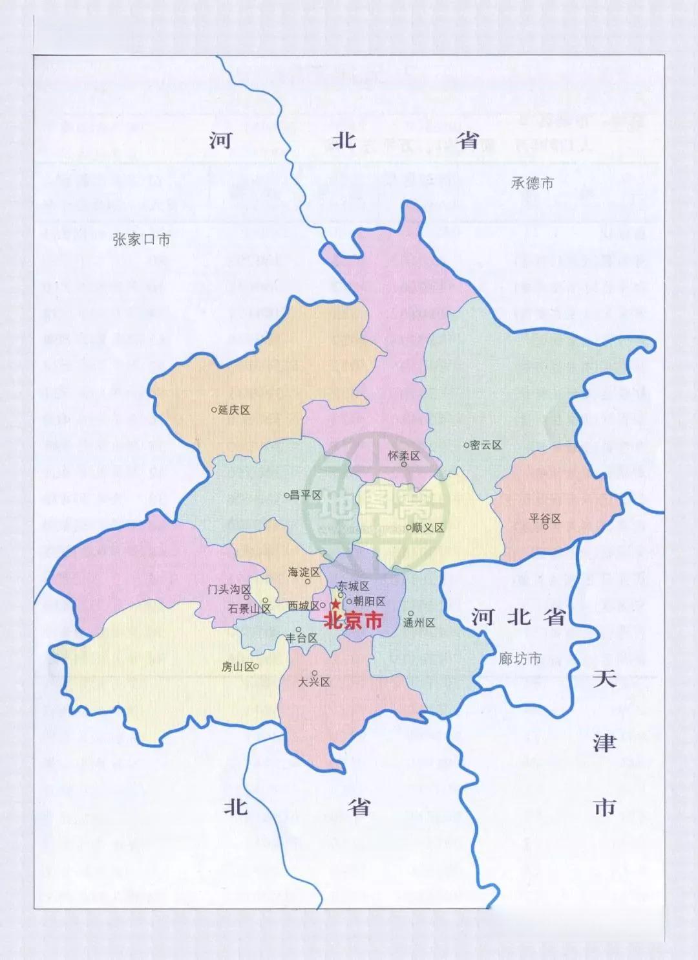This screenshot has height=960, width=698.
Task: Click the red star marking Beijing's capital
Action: pyautogui.click(x=335, y=605)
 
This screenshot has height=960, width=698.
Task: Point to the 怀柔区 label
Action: pyautogui.click(x=404, y=455)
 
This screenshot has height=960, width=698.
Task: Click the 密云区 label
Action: pyautogui.click(x=486, y=445)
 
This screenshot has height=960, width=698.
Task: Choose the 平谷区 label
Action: pyautogui.click(x=545, y=518)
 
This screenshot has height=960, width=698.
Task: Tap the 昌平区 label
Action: pyautogui.click(x=306, y=496)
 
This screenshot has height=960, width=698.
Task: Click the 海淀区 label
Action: pyautogui.click(x=304, y=573)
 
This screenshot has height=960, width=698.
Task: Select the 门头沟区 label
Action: pyautogui.click(x=229, y=589)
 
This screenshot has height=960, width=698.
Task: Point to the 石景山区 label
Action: pyautogui.click(x=249, y=609)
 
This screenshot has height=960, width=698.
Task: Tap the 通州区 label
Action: pyautogui.click(x=419, y=623)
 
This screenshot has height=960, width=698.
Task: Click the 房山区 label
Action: pyautogui.click(x=237, y=667)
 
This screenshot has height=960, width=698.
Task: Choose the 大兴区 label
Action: pyautogui.click(x=315, y=682)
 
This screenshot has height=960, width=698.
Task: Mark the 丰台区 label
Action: pyautogui.click(x=302, y=638)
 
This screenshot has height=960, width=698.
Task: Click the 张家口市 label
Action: pyautogui.click(x=141, y=240)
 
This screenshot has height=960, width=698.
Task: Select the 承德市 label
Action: pyautogui.click(x=532, y=183)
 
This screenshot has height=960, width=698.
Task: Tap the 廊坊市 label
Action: pyautogui.click(x=520, y=659)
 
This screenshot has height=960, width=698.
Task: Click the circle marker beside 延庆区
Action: pyautogui.click(x=215, y=409)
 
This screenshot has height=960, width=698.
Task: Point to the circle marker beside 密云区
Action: pyautogui.click(x=466, y=445)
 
